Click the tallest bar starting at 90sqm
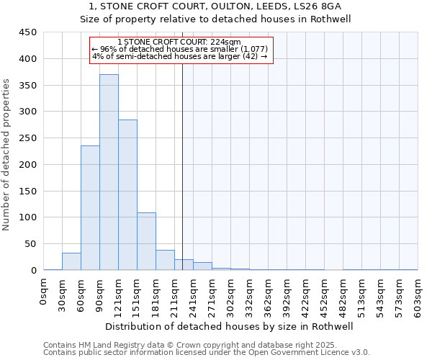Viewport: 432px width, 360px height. click(109, 173)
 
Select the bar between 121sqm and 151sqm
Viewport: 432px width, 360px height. click(127, 194)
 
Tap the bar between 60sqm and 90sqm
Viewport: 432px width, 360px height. click(90, 209)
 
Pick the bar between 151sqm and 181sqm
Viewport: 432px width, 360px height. click(146, 242)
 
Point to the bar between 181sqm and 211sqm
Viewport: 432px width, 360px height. click(165, 261)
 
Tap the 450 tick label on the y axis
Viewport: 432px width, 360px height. click(27, 32)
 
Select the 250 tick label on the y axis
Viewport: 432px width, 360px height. click(27, 138)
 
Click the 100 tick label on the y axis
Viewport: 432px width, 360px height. click(27, 217)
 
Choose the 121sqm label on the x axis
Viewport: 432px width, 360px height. click(119, 296)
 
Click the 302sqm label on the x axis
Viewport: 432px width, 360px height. click(231, 296)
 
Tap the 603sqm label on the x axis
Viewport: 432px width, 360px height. click(418, 296)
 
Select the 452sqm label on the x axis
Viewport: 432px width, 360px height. click(325, 296)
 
